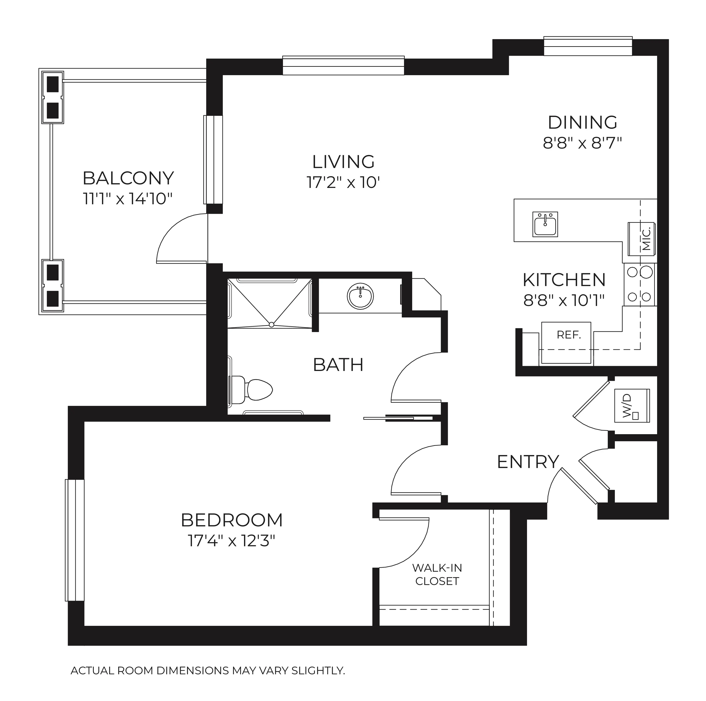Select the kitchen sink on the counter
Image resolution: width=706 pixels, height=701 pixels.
(545, 224)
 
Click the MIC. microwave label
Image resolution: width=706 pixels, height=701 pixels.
(646, 238)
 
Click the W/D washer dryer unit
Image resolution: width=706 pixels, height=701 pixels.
(632, 406)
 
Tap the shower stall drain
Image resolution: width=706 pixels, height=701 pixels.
(271, 325)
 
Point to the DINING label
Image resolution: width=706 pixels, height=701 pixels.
(583, 122)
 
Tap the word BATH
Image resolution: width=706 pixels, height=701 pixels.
(338, 365)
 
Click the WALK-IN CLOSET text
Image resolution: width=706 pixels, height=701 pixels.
(437, 574)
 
